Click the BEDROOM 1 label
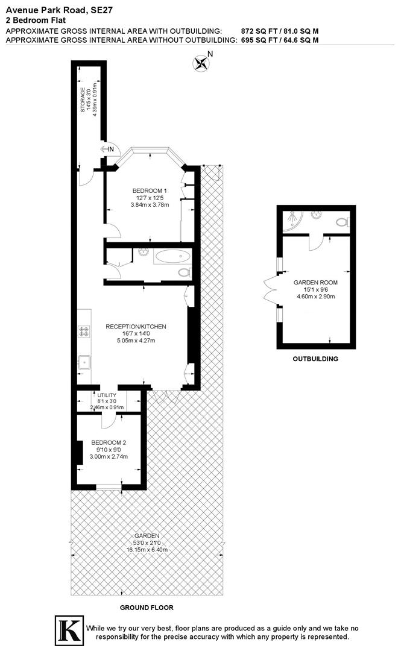point(150,191)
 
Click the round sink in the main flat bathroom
point(144,253)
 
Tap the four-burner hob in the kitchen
point(84,331)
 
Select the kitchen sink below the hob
point(84,362)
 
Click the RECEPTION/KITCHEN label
point(136,327)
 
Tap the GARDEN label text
point(147,535)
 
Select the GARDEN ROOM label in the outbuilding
point(315,283)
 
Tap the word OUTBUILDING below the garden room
point(315,359)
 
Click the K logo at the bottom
point(69,629)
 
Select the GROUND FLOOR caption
point(147,608)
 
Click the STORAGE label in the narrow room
point(83,100)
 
